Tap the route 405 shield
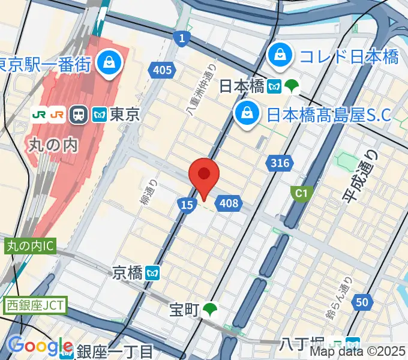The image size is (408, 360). [162, 70]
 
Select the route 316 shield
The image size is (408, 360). [280, 163]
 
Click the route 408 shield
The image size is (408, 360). [229, 204]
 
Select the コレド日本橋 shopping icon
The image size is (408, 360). [280, 56]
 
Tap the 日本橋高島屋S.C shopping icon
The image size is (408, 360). [247, 112]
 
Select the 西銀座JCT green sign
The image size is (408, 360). [34, 305]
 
